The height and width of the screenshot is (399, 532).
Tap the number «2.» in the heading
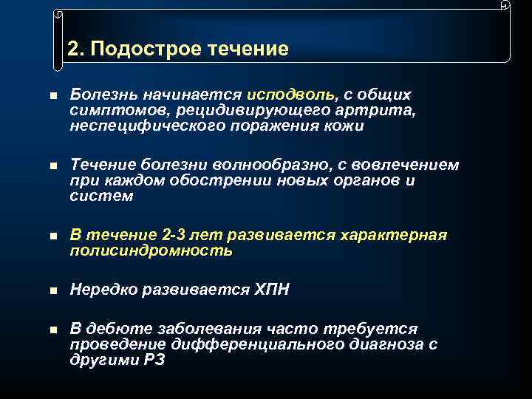click(x=75, y=50)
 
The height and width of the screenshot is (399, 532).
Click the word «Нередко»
click(x=100, y=290)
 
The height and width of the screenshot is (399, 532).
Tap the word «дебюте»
click(x=112, y=329)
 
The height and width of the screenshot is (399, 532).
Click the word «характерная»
click(x=395, y=235)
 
